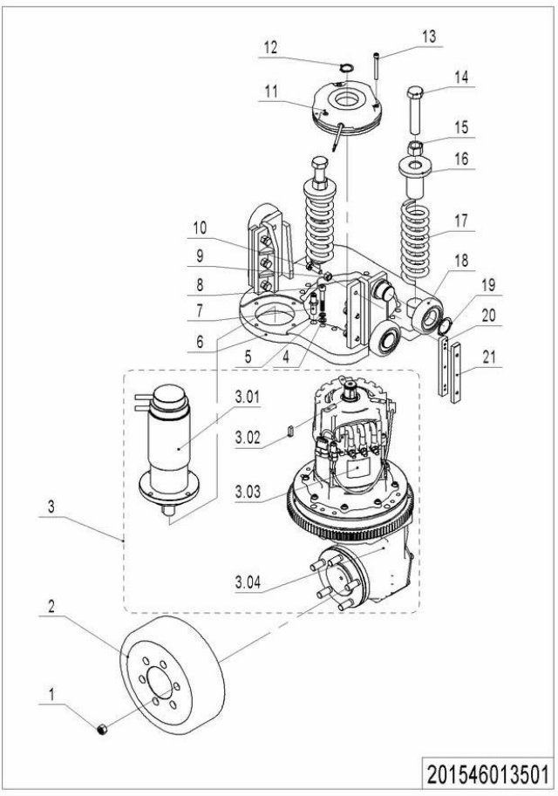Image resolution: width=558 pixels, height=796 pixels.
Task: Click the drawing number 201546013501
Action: pos(487,775)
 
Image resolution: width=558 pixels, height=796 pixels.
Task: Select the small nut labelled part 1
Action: pos(102,730)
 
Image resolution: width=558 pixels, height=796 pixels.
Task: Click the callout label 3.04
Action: pos(248,582)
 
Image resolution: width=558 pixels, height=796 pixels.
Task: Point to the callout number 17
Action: pos(461,221)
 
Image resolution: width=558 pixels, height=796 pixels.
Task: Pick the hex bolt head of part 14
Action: pos(415,94)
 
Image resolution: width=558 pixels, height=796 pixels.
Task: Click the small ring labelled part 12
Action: pos(347,67)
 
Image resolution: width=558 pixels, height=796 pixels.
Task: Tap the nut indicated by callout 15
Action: pos(415,147)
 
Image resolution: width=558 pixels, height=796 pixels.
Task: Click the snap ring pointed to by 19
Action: pos(444,323)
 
